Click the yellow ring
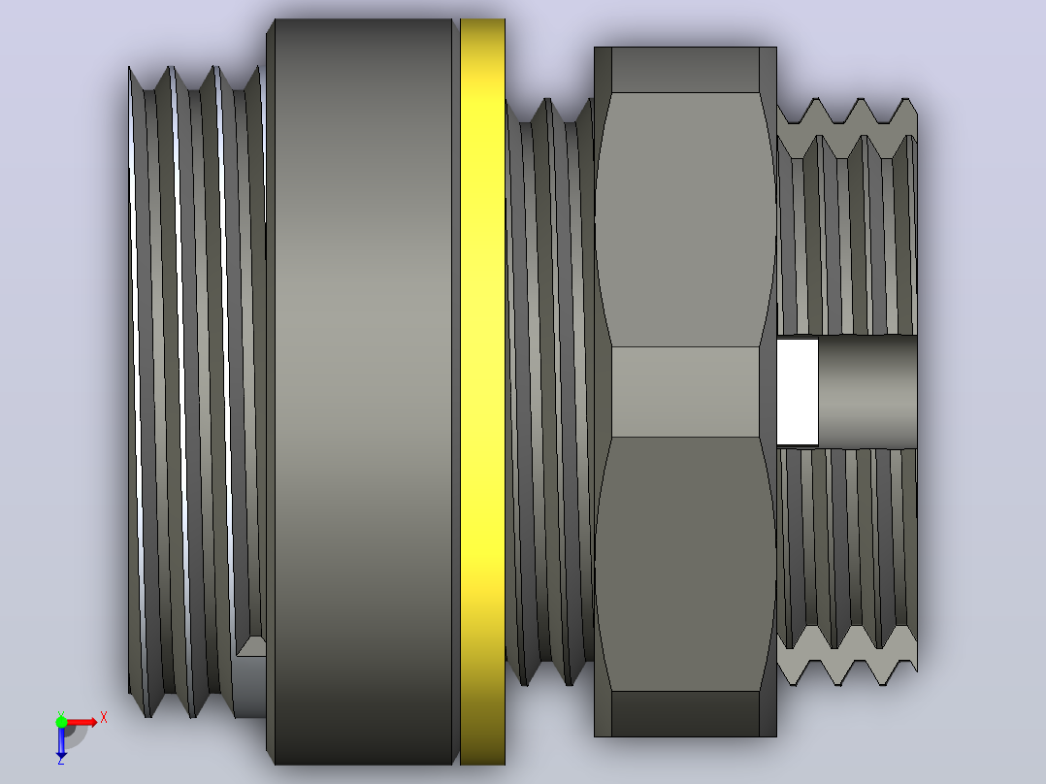coord(482,392)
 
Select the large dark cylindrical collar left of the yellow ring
coord(363,392)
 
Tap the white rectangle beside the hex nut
coord(798,392)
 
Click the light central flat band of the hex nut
coord(685,392)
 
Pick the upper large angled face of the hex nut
coord(685,219)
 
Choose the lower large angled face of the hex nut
coord(685,564)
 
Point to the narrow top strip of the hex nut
coord(685,70)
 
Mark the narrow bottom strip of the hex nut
coord(685,714)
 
